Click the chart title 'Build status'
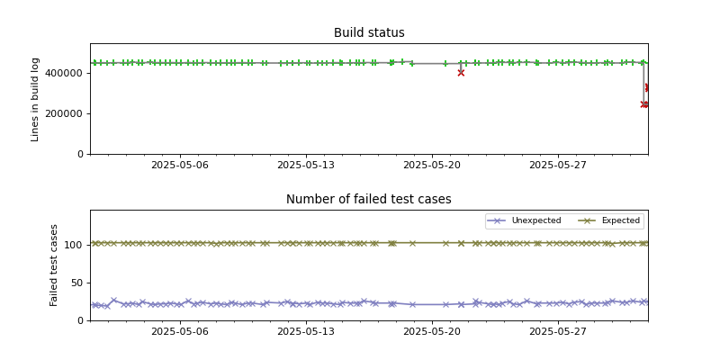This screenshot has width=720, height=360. pyautogui.click(x=369, y=33)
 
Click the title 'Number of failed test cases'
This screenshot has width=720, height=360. pyautogui.click(x=369, y=200)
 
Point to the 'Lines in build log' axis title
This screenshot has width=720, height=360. pyautogui.click(x=36, y=99)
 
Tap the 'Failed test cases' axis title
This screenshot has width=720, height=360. pyautogui.click(x=54, y=265)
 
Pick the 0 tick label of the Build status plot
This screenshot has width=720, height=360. pyautogui.click(x=81, y=154)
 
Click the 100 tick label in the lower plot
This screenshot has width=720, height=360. pyautogui.click(x=75, y=244)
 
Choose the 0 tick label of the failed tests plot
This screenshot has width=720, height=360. pyautogui.click(x=81, y=320)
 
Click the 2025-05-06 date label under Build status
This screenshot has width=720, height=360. pyautogui.click(x=179, y=165)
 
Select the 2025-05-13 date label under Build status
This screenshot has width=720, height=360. pyautogui.click(x=306, y=165)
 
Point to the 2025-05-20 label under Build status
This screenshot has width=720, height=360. pyautogui.click(x=432, y=165)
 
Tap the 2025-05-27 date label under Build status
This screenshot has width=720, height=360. pyautogui.click(x=558, y=165)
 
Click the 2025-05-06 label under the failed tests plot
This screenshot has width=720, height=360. pyautogui.click(x=179, y=331)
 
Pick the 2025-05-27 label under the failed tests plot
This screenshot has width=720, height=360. pyautogui.click(x=558, y=331)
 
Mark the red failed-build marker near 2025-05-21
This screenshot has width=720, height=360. pyautogui.click(x=461, y=73)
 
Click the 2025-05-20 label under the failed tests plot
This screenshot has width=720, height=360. pyautogui.click(x=432, y=331)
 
